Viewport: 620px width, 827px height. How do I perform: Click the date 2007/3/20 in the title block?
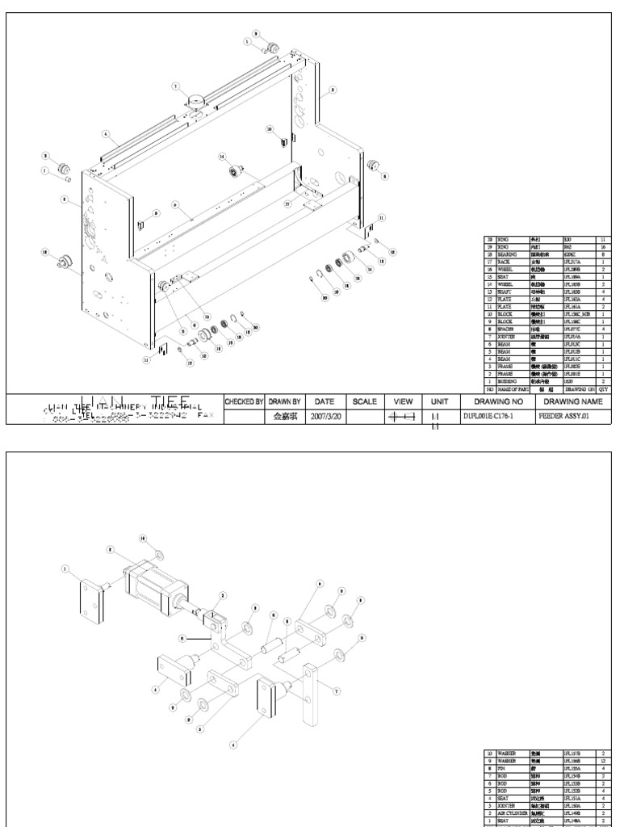point(325,418)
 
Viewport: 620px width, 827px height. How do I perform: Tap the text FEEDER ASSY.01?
point(565,418)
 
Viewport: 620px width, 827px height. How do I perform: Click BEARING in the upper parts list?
point(506,254)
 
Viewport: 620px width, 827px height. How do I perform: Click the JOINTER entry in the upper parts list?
point(506,324)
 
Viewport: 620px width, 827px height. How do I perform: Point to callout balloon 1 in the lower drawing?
point(65,569)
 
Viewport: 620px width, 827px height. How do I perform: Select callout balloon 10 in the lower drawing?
point(144,537)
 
